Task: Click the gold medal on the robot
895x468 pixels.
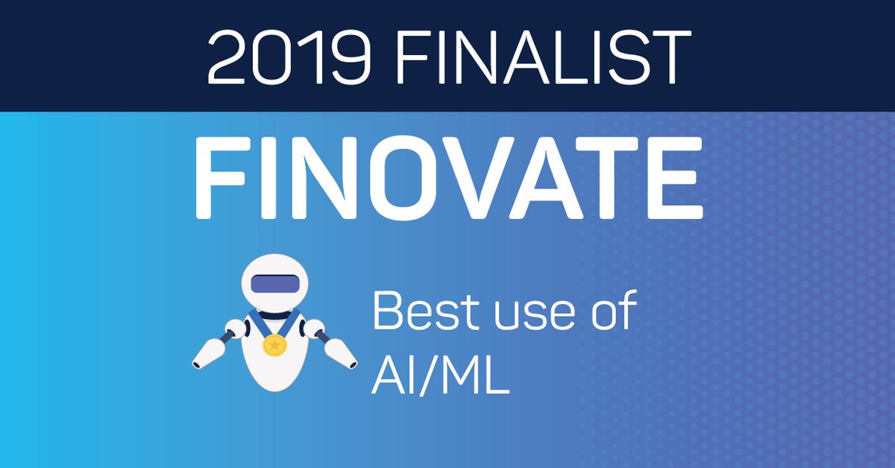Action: click(274, 345)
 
